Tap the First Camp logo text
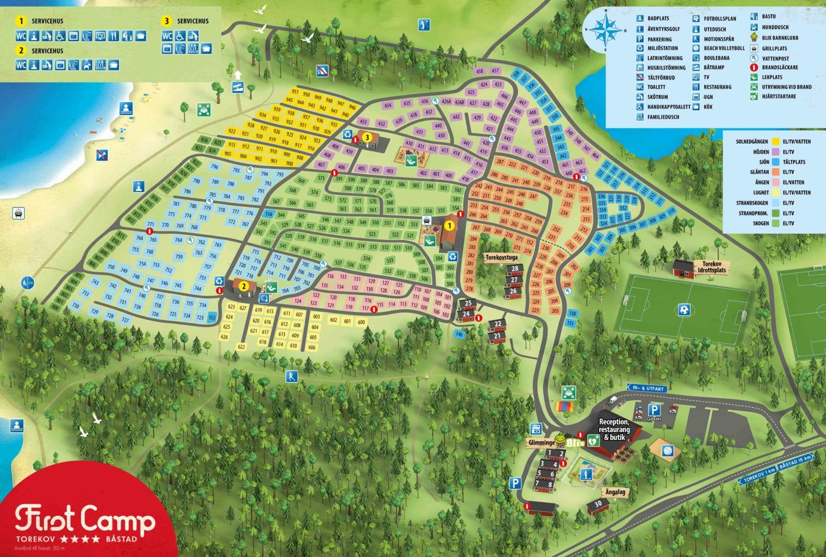pos(85,519)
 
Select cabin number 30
pos(598,504)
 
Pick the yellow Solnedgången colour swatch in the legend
pos(776,142)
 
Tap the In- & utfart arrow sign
pos(647,388)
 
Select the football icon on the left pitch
pos(683,310)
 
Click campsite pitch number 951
pos(295,92)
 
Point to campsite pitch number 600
pos(361,322)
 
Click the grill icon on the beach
pos(19,214)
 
